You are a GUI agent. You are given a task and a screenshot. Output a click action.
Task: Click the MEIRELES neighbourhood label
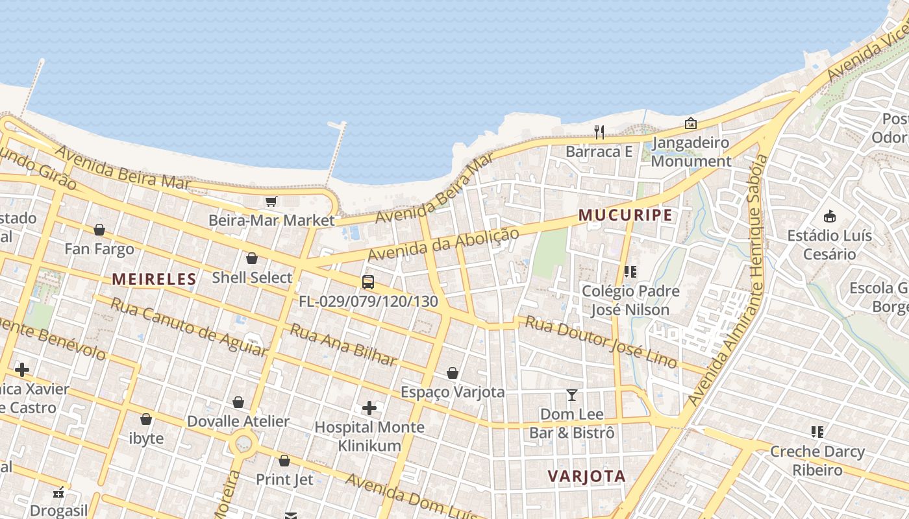[154, 280]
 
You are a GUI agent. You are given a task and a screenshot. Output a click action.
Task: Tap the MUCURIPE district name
[625, 215]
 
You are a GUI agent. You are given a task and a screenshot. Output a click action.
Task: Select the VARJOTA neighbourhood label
[586, 476]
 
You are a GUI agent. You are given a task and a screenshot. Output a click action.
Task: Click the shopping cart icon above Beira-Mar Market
[271, 202]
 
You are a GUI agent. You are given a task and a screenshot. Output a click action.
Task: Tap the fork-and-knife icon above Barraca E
[599, 132]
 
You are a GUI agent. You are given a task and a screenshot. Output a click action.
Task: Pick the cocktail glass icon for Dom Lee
[572, 395]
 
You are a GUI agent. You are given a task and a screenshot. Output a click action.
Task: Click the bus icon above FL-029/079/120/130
[368, 282]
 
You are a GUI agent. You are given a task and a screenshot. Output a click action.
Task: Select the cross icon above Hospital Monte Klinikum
[369, 408]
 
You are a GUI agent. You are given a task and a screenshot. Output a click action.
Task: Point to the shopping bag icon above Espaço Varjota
[453, 373]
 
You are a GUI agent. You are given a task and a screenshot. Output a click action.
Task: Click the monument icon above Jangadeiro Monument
[691, 123]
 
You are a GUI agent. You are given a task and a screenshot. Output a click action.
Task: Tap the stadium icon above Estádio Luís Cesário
[829, 216]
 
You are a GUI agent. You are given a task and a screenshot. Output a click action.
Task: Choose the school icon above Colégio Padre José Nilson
[630, 272]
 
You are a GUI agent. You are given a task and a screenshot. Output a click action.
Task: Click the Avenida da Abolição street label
[444, 245]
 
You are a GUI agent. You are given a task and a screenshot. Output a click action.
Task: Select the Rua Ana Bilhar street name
[343, 344]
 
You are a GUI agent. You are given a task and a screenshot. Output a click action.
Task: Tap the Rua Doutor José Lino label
[601, 341]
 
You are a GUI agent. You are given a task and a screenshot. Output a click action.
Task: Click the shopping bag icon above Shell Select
[252, 259]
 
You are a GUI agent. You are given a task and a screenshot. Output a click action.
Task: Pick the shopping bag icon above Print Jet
[284, 461]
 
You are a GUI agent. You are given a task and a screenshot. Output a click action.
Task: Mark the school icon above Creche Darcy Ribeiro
[817, 432]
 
